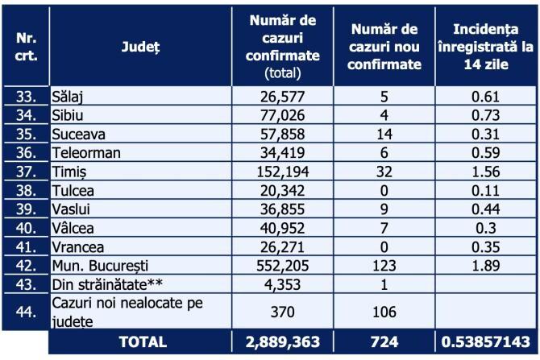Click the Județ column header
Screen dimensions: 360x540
[x=140, y=48]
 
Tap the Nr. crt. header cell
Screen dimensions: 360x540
[x=26, y=48]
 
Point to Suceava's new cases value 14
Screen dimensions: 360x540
[x=384, y=130]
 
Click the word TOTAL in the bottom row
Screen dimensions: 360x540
[x=141, y=341]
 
